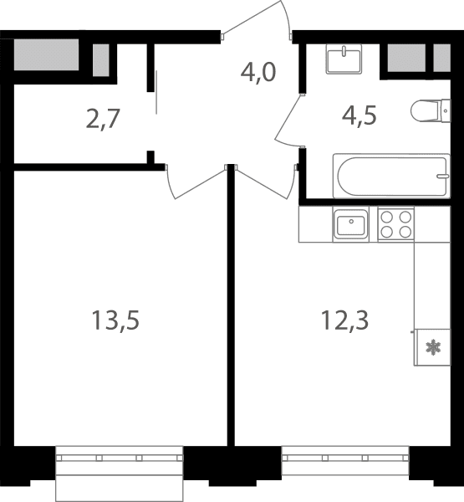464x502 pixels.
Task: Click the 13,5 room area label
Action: click(x=115, y=320)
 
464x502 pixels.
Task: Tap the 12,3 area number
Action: click(x=344, y=320)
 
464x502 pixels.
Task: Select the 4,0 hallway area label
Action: click(x=258, y=73)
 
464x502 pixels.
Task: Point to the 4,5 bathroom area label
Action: click(x=359, y=115)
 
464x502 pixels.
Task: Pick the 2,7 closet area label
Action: click(x=103, y=119)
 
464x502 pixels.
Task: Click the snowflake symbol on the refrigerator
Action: click(x=433, y=348)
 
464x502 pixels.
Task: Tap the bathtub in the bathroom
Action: click(x=391, y=176)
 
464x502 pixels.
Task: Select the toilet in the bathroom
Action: click(x=431, y=110)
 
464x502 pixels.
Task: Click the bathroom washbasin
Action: click(x=344, y=59)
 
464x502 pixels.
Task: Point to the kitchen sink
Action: click(x=351, y=224)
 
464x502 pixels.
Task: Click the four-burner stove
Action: click(x=395, y=224)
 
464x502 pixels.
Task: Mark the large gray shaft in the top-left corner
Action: click(x=47, y=54)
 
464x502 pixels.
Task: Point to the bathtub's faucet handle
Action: click(x=443, y=176)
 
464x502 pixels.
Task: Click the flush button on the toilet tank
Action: click(x=446, y=110)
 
